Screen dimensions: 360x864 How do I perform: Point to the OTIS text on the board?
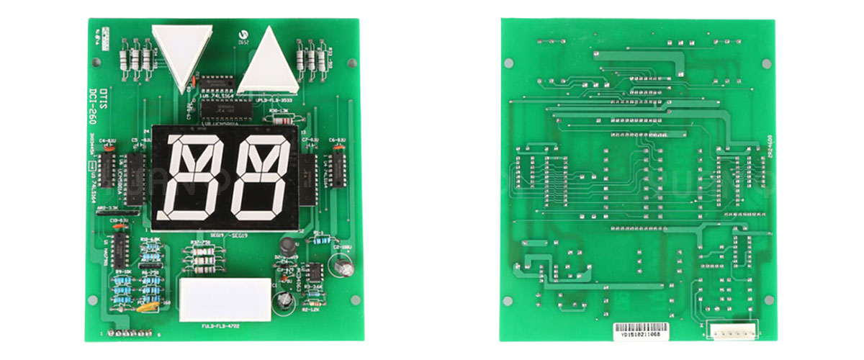point(93,93)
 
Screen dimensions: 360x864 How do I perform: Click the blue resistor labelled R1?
point(318,237)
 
